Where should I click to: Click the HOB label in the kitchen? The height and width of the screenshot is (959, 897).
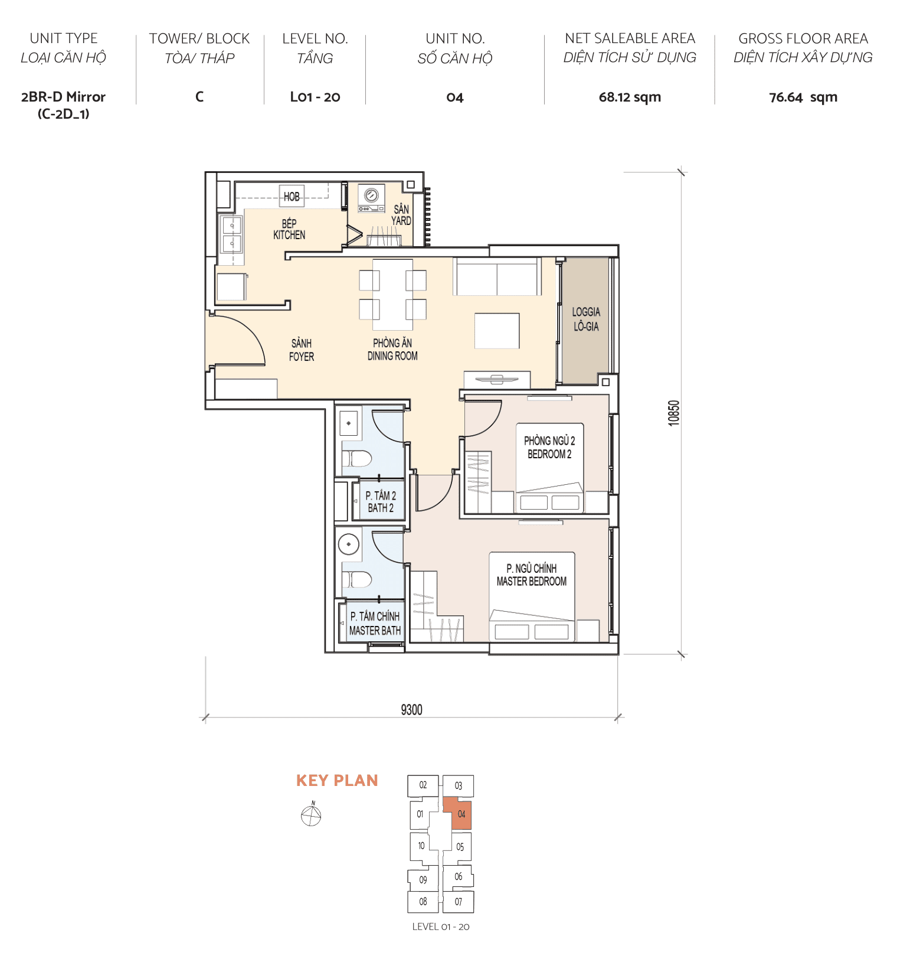[292, 197]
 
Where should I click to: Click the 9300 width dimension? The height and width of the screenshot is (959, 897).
[411, 710]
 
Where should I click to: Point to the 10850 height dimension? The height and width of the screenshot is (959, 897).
[674, 413]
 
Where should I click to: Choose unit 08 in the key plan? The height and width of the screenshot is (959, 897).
[423, 902]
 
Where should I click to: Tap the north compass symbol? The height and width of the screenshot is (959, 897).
[311, 816]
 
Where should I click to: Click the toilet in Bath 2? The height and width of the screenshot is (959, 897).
[358, 458]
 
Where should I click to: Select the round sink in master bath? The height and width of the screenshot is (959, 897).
[349, 544]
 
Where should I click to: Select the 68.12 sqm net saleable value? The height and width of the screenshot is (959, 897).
[630, 97]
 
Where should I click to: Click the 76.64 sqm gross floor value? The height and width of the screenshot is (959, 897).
[803, 97]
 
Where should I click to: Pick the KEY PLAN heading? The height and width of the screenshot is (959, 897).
[337, 781]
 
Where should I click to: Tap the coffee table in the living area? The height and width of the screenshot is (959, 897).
[497, 331]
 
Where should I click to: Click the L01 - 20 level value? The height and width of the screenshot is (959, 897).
[315, 97]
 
